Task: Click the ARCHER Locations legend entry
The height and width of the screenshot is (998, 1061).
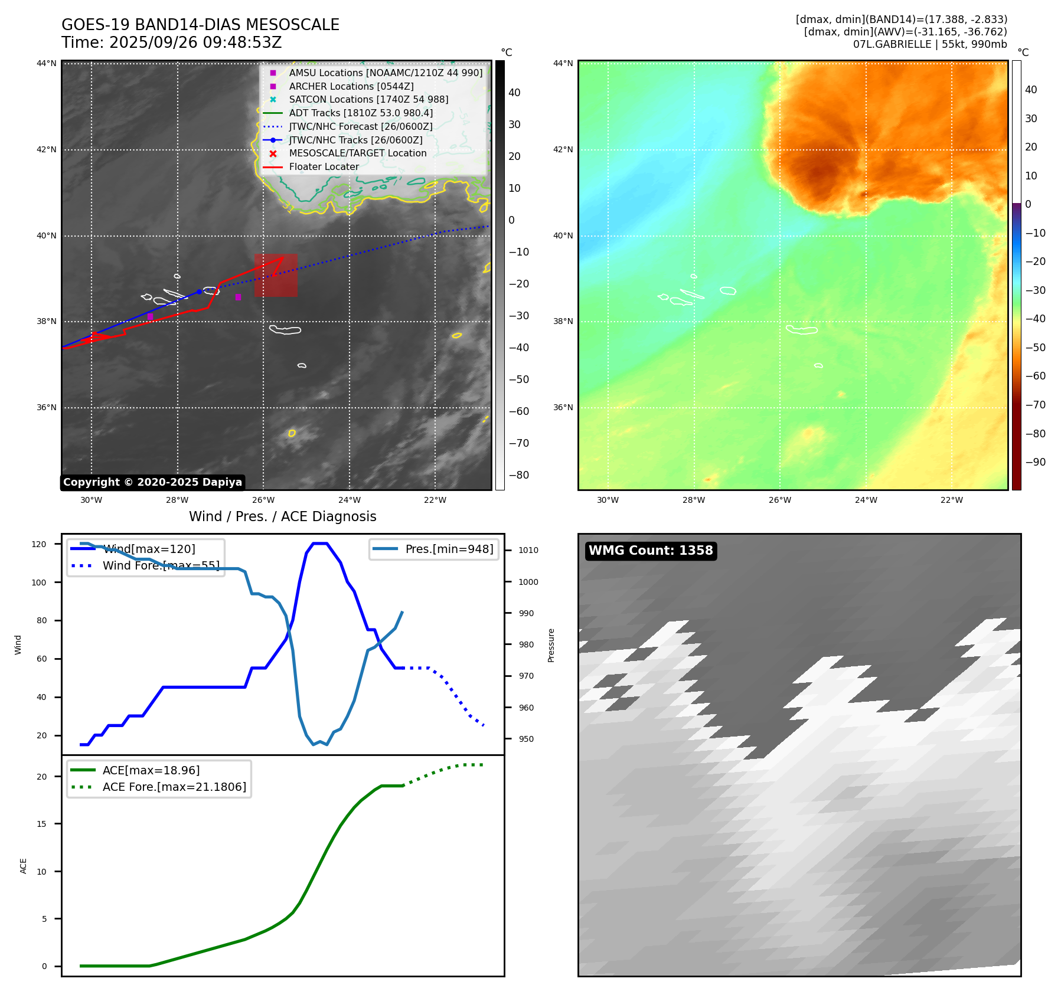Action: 351,86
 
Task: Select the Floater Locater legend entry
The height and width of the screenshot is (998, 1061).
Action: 324,167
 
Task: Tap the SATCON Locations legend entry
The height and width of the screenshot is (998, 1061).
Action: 368,100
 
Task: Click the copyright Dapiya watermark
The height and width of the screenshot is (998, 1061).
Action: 152,482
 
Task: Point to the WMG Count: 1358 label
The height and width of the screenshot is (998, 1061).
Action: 651,551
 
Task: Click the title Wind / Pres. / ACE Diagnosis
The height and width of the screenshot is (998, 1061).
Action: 282,516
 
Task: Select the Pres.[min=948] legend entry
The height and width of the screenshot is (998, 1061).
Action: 449,549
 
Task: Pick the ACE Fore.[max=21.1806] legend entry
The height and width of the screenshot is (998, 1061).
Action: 174,787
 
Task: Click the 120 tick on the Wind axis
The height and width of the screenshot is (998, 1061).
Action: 39,544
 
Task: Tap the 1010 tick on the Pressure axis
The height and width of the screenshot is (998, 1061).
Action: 528,550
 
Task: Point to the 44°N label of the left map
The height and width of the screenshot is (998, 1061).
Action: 47,64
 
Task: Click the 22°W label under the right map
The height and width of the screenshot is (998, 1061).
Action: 951,500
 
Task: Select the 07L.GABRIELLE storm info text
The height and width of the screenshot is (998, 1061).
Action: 930,44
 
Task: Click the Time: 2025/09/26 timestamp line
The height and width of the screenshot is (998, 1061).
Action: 171,43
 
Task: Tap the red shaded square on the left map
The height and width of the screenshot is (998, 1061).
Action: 276,276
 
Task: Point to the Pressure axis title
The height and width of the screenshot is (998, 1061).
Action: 551,645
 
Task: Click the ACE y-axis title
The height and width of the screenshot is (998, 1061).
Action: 24,866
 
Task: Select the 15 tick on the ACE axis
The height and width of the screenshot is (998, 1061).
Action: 41,824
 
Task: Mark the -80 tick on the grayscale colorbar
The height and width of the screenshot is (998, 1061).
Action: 519,475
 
